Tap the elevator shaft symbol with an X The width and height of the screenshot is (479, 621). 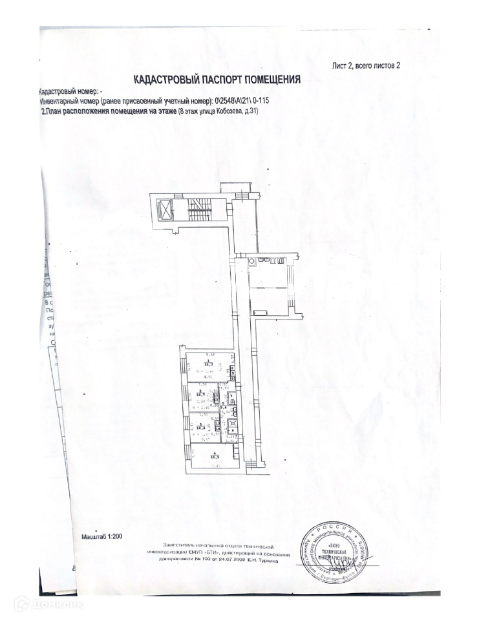tap(165, 211)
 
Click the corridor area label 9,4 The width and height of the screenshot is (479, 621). tap(222, 406)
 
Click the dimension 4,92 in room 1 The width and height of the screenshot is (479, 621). tap(209, 376)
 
